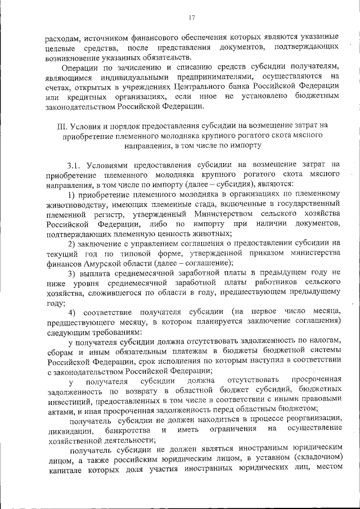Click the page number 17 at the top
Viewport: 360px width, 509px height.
point(192,17)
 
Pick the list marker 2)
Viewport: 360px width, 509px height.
point(73,243)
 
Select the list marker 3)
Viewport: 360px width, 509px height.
point(73,273)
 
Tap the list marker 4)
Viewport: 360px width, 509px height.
point(73,312)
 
